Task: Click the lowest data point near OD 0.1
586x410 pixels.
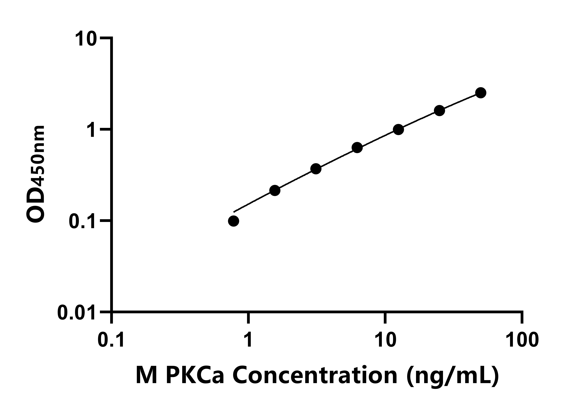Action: pyautogui.click(x=234, y=221)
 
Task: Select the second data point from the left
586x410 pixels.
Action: pyautogui.click(x=275, y=190)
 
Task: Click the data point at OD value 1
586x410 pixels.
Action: pyautogui.click(x=398, y=129)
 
